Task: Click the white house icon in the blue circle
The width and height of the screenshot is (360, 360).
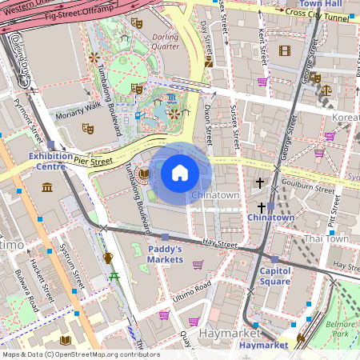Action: pyautogui.click(x=180, y=173)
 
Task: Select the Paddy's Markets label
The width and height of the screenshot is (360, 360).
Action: pyautogui.click(x=166, y=254)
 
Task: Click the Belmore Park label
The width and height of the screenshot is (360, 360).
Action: pyautogui.click(x=342, y=329)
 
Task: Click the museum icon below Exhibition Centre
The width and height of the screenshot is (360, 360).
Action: pyautogui.click(x=46, y=187)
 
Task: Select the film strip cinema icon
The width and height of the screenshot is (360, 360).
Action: pyautogui.click(x=285, y=50)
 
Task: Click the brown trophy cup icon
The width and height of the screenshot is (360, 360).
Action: pyautogui.click(x=108, y=258)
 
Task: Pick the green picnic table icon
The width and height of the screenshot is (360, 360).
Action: pyautogui.click(x=115, y=276)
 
